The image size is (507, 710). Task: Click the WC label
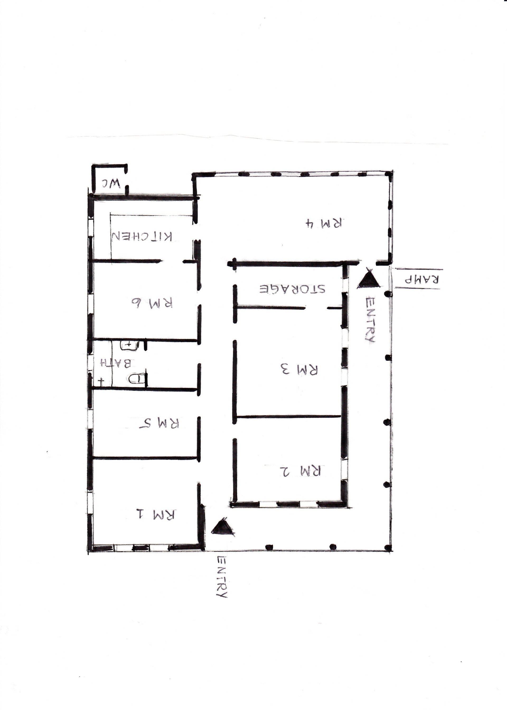(x=111, y=183)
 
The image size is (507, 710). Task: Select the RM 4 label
(x=324, y=223)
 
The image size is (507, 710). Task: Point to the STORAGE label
(x=292, y=289)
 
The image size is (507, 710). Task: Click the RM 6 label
(x=152, y=302)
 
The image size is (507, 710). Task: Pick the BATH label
(x=115, y=363)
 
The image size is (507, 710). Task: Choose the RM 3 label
(x=299, y=369)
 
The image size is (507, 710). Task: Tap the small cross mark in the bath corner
(x=101, y=381)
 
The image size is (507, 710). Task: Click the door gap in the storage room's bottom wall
(x=316, y=308)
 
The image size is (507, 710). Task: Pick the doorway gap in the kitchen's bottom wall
(x=172, y=261)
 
